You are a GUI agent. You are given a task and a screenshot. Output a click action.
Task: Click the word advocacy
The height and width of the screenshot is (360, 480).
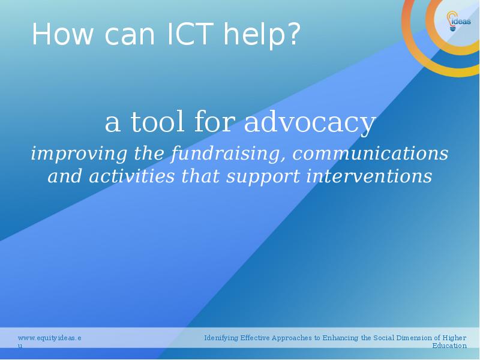[x=310, y=122]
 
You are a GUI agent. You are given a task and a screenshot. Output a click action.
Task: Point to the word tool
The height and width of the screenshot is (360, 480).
[x=158, y=121]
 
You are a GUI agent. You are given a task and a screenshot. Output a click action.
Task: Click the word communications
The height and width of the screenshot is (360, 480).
[x=370, y=153]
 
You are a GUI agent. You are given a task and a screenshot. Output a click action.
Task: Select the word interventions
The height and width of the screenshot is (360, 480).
[x=369, y=176]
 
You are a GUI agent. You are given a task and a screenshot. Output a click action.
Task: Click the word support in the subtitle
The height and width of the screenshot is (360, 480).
[x=263, y=178]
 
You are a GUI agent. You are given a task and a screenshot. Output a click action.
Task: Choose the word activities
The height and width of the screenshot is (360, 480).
[x=131, y=176]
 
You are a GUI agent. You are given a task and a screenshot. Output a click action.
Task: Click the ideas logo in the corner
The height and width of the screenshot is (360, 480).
[x=458, y=21]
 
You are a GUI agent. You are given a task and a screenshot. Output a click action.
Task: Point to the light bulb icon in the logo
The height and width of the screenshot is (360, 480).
[x=452, y=21]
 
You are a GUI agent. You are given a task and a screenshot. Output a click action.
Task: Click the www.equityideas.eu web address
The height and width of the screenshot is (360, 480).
[x=50, y=341]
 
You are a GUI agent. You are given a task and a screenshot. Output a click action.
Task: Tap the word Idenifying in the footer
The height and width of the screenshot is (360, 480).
[x=221, y=338]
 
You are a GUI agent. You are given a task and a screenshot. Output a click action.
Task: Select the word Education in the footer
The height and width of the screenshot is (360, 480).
[x=449, y=346]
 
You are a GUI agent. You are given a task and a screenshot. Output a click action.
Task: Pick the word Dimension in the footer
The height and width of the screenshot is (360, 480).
[x=413, y=338]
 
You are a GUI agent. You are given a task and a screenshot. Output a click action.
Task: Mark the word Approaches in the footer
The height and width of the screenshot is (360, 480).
[x=292, y=338]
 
